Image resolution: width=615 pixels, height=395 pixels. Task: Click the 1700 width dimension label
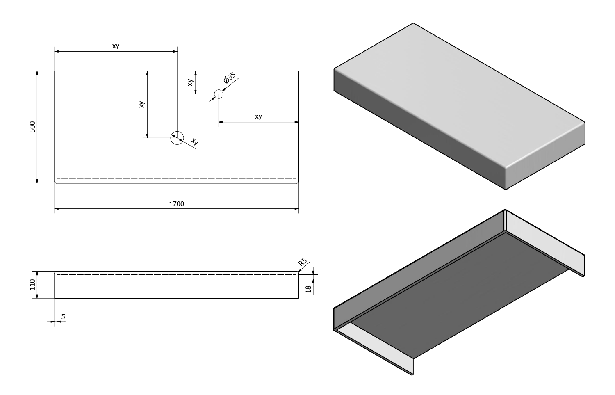pyautogui.click(x=177, y=204)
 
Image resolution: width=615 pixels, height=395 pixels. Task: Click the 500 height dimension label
pyautogui.click(x=32, y=127)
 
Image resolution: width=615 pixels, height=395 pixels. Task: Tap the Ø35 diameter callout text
pyautogui.click(x=229, y=78)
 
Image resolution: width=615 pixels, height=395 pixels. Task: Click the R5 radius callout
pyautogui.click(x=302, y=262)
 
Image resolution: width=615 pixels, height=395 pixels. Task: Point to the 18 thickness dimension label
pyautogui.click(x=309, y=289)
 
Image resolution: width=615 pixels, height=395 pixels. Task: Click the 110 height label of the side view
pyautogui.click(x=32, y=284)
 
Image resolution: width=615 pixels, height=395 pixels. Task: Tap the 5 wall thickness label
pyautogui.click(x=63, y=317)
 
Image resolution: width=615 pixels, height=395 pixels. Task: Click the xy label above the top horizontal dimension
pyautogui.click(x=116, y=46)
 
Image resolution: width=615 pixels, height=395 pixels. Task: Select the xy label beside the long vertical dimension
pyautogui.click(x=142, y=104)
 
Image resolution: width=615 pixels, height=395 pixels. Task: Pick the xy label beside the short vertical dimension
pyautogui.click(x=190, y=82)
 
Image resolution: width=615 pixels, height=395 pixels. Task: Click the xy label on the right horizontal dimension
pyautogui.click(x=258, y=116)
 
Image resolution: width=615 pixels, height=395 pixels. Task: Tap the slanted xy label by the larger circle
pyautogui.click(x=195, y=142)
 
